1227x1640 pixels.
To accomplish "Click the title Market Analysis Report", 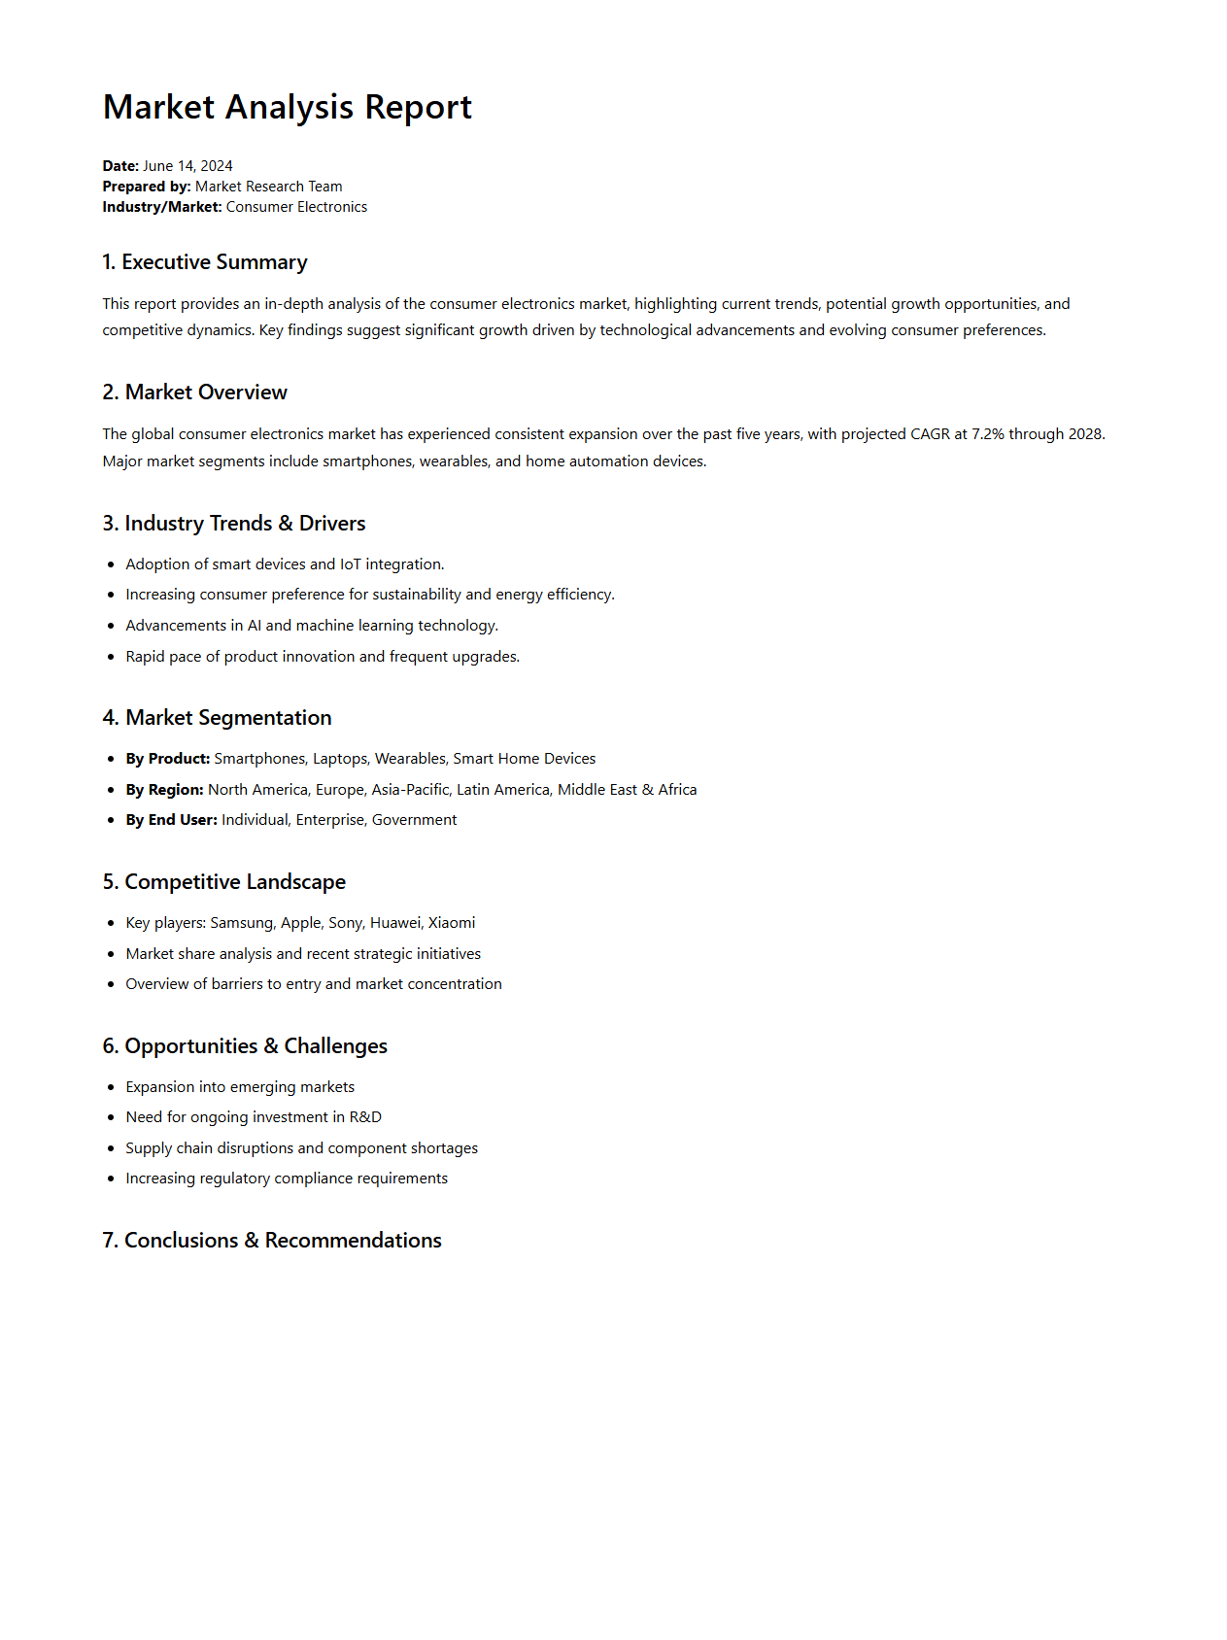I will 287,107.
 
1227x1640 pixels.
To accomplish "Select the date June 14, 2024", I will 187,166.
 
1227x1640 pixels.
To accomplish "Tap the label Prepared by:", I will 147,187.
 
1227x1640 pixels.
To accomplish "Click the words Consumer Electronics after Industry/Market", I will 296,207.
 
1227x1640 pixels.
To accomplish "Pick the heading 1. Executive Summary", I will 205,262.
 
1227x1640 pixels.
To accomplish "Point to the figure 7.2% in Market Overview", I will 987,434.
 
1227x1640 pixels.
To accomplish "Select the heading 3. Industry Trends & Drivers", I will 234,524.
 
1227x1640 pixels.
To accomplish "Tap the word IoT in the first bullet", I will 350,564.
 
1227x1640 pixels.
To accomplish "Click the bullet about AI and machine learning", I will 312,626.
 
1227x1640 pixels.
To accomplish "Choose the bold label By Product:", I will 168,759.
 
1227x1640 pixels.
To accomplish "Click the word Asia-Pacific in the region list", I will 410,790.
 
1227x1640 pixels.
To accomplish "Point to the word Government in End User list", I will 414,820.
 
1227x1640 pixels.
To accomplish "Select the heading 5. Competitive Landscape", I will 224,882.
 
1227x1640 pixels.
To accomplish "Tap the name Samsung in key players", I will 242,923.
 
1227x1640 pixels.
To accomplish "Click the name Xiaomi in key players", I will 452,923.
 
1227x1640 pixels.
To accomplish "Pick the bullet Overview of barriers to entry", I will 314,984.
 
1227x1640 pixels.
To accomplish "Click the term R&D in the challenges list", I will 365,1117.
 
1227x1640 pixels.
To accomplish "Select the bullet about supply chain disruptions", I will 301,1148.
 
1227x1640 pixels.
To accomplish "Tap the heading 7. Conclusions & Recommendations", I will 272,1241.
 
